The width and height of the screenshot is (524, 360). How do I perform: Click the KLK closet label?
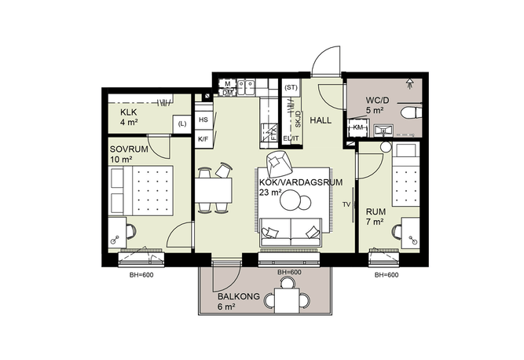point(129,112)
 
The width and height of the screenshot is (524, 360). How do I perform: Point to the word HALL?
point(321,120)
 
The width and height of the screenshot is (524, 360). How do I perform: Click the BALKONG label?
point(239,296)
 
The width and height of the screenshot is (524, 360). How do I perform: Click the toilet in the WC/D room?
point(411,112)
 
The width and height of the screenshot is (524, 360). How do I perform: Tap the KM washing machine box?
point(357,127)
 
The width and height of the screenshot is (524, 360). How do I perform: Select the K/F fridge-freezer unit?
point(203,138)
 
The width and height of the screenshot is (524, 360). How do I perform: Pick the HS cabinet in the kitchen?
point(203,120)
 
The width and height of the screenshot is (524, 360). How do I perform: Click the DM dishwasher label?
point(228,93)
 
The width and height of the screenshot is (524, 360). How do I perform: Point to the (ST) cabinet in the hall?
point(291,87)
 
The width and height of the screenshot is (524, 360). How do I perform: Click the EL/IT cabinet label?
point(291,138)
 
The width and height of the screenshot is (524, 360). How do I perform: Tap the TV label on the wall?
point(346,204)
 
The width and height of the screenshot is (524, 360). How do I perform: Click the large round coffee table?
point(291,200)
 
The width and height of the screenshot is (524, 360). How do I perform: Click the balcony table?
point(288,300)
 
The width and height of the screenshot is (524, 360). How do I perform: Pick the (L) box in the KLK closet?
point(181,124)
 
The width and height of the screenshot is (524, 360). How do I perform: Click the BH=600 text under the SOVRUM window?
point(141,275)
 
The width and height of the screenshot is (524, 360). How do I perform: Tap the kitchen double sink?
point(246,86)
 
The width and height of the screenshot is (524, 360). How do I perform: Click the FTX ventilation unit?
point(269,132)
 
